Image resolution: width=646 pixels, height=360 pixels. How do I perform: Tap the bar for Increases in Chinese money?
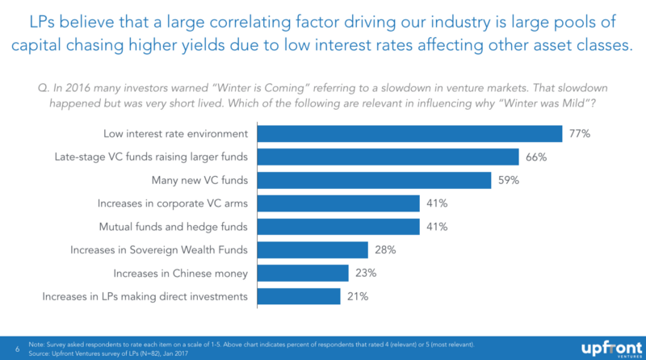tap(302, 274)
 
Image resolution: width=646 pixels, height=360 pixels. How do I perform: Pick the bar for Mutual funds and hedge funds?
tap(338, 227)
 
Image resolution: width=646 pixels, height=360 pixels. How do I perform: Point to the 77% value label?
tap(579, 133)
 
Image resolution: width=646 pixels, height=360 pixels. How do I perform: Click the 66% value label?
tap(535, 157)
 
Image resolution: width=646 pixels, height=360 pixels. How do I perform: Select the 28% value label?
tap(384, 250)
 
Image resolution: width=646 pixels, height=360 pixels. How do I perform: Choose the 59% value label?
tap(508, 180)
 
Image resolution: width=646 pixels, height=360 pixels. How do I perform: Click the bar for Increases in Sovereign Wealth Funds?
tap(313, 250)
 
